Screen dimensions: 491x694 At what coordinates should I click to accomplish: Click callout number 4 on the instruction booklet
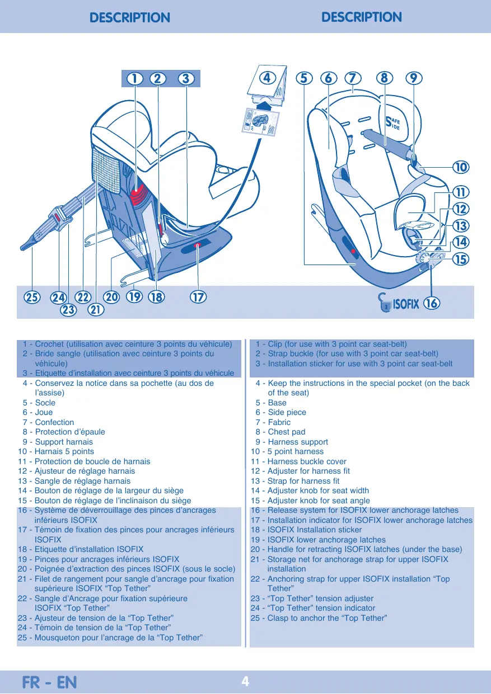point(267,78)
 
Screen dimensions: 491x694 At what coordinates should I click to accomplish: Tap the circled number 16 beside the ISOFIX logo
point(432,303)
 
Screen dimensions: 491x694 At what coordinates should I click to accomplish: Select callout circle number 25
point(32,298)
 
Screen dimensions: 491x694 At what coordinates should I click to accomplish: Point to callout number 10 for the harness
point(461,167)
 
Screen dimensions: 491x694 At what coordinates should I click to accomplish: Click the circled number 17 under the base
point(198,298)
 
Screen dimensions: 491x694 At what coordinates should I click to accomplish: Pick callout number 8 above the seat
point(385,78)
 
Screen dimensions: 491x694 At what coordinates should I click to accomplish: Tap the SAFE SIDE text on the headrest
point(392,123)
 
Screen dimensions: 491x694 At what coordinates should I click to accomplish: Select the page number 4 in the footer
point(245,681)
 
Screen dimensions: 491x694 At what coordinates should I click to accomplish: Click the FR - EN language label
point(49,682)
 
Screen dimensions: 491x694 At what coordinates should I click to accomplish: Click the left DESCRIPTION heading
point(130,17)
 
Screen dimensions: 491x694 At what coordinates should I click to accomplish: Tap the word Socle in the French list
point(45,403)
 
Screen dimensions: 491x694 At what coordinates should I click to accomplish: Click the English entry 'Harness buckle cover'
point(307,461)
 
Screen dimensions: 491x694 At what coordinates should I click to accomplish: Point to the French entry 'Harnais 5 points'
point(64,451)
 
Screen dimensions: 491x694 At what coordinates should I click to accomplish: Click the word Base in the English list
point(277,403)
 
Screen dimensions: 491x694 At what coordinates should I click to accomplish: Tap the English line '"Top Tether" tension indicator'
point(321,608)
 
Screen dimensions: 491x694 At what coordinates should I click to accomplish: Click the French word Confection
point(55,422)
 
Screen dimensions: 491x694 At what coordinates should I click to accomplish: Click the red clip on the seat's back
point(138,195)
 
